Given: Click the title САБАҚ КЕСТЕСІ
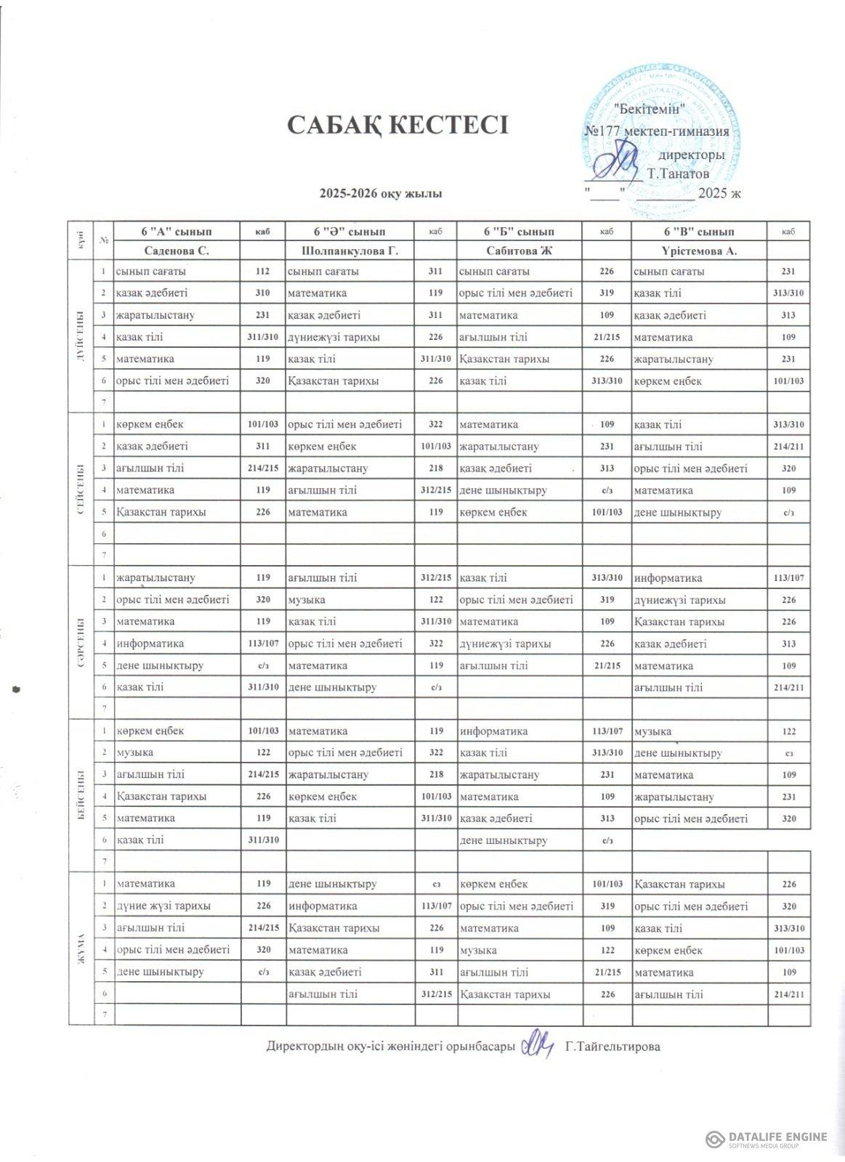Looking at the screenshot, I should point(397,125).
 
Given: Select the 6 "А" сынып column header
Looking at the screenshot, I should point(177,232).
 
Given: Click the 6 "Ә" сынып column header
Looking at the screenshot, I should point(349,232).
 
